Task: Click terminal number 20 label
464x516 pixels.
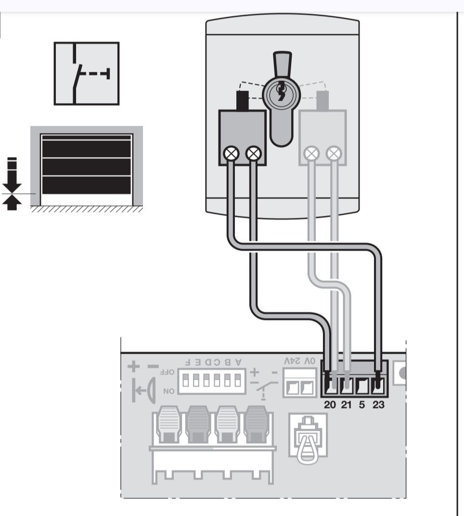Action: [330, 404]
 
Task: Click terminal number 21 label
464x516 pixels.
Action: [346, 404]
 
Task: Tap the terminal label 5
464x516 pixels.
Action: [362, 404]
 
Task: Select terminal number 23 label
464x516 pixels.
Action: [378, 404]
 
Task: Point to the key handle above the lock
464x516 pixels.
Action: [283, 65]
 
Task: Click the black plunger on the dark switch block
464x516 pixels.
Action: [243, 101]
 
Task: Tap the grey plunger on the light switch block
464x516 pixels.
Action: [322, 101]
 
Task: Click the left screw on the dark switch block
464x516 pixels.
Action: [231, 153]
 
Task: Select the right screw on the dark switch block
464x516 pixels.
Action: [254, 153]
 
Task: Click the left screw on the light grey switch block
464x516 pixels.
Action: [311, 153]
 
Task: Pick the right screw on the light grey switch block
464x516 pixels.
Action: [334, 153]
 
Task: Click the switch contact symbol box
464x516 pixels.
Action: [87, 73]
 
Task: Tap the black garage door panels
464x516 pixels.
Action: [87, 165]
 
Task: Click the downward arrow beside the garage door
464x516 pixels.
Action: [12, 174]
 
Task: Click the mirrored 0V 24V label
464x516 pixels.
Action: [299, 361]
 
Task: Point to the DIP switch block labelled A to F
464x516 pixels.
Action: [211, 381]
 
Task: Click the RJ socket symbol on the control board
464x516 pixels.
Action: [308, 436]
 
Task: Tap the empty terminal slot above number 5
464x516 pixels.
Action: [362, 387]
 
